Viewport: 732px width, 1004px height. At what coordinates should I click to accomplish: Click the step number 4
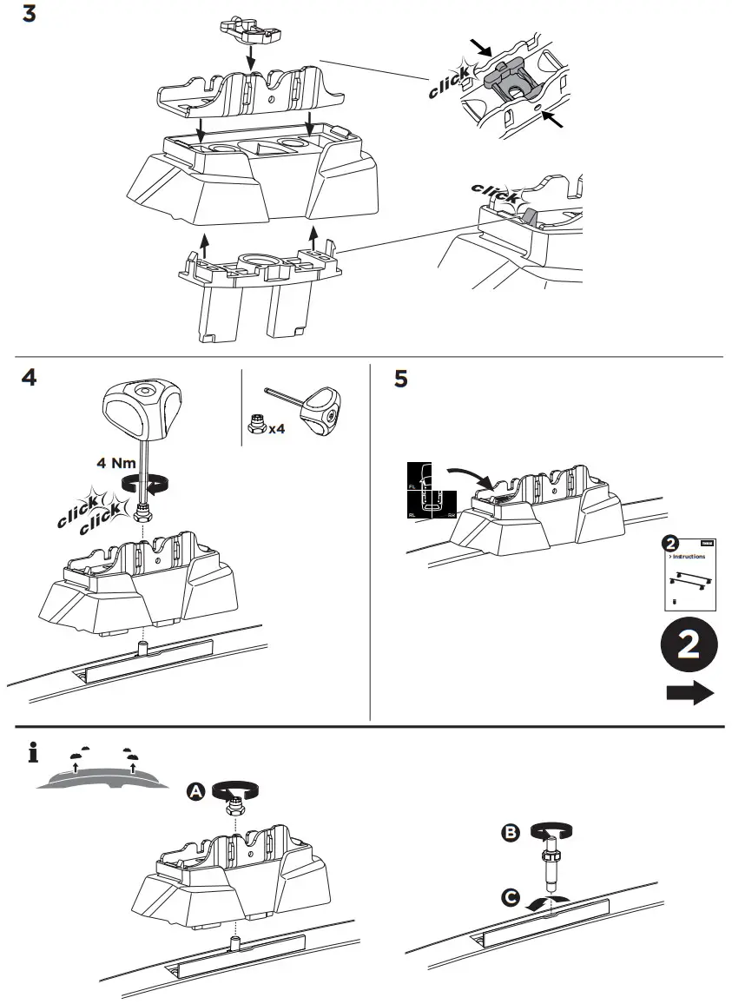pyautogui.click(x=29, y=379)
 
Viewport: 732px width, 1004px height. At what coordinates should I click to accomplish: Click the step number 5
pyautogui.click(x=400, y=380)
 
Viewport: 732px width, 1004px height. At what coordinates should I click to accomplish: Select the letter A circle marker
pyautogui.click(x=196, y=790)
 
